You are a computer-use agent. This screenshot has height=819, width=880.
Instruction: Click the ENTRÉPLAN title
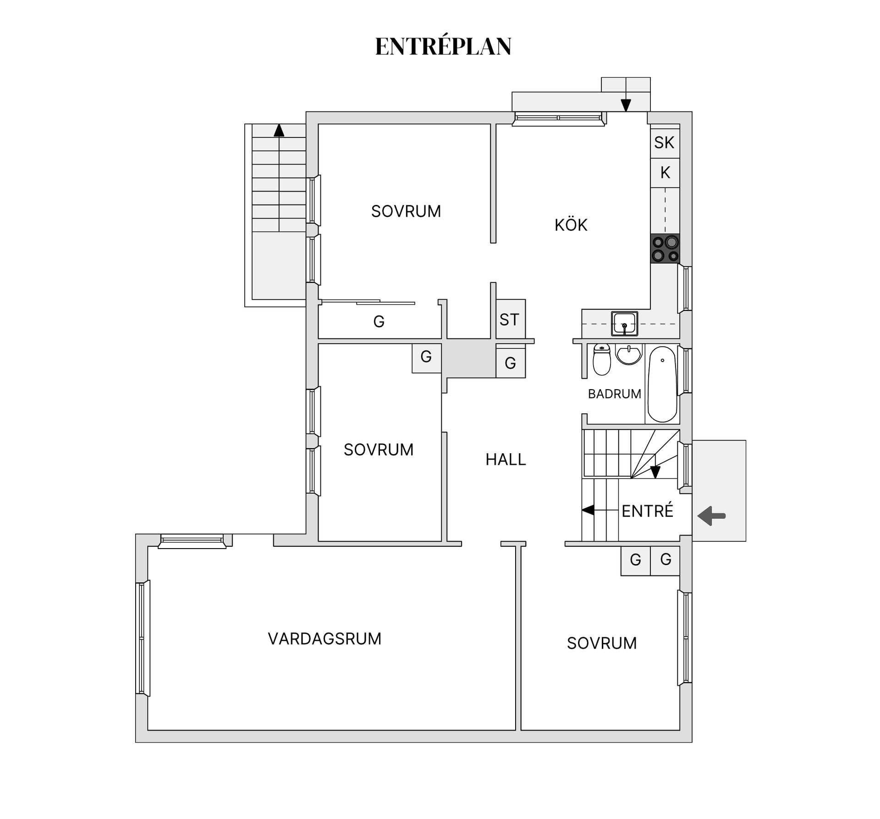443,46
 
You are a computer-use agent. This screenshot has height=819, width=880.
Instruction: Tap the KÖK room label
571,225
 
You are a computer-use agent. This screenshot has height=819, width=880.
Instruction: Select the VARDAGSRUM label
324,639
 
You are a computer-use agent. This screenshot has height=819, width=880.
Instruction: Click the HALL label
506,459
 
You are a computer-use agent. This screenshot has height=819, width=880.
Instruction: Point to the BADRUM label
614,394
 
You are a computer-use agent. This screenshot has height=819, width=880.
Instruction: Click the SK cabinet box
664,143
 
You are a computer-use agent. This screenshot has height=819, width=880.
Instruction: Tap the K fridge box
665,173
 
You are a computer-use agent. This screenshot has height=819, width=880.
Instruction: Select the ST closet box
509,319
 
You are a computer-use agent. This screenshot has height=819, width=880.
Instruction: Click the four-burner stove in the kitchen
665,248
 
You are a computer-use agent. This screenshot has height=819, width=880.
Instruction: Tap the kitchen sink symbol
624,323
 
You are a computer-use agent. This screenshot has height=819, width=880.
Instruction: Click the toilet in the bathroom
601,360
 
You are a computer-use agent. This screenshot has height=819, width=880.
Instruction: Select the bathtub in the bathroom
662,384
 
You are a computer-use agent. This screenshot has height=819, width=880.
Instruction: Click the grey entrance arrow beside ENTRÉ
711,516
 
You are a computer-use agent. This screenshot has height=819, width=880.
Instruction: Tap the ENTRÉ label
647,511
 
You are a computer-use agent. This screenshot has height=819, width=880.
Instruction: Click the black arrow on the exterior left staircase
279,131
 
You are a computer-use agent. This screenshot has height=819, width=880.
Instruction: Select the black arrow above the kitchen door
626,105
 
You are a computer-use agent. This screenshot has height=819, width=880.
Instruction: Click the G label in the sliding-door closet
379,322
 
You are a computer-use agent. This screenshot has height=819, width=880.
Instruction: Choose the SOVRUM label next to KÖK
406,211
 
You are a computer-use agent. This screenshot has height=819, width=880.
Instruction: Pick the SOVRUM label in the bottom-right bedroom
601,643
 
